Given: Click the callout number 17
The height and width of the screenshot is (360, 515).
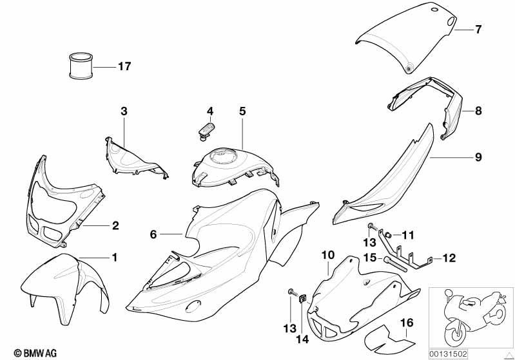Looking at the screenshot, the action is pos(124,66).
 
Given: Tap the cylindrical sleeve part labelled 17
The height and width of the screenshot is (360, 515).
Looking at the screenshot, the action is pos(81,66).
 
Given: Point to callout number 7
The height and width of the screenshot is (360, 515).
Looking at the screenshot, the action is pos(478,29).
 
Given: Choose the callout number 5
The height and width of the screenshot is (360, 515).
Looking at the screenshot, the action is pos(242,111).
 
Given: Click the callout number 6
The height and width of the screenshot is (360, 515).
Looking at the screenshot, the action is pos(153,234).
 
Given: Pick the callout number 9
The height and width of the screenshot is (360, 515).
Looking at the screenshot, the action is pos(478,157).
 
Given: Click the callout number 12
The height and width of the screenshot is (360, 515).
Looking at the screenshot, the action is pos(449,258).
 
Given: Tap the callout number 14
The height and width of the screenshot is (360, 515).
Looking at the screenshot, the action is pos(302,339).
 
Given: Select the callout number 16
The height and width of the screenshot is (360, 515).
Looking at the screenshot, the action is pos(407,323).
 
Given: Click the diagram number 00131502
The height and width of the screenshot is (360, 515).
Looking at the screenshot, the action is pos(448,354).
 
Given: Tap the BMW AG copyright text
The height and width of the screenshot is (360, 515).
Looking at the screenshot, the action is pos(35,353).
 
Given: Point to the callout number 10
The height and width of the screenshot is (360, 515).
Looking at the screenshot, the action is pos(328,255).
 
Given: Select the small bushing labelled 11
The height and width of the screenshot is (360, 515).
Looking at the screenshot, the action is pos(387,235).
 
